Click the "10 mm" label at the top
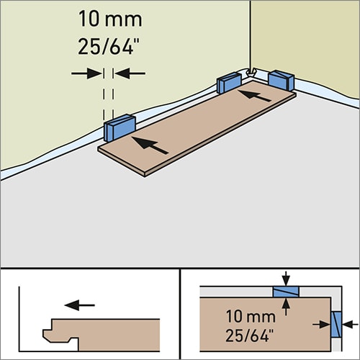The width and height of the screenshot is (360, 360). pos(110,19)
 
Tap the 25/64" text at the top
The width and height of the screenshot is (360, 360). pos(109,46)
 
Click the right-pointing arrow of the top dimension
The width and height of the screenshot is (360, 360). pos(86,73)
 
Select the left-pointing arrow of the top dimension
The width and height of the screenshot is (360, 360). pos(130,73)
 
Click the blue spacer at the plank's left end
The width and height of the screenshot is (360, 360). pos(120,128)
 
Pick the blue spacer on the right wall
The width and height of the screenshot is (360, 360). pos(282,80)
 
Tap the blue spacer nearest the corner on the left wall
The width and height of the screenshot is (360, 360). pos(229,83)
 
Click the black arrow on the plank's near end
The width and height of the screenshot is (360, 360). pos(150,145)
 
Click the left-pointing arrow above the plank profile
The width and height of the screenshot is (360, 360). pos(80,305)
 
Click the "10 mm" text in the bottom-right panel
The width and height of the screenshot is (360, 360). pos(251,316)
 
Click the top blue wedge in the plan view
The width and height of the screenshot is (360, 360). pos(286,292)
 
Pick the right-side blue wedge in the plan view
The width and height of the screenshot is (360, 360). pos(336,325)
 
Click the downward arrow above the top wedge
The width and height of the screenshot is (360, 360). pos(286,279)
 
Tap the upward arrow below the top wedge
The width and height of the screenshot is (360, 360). pos(286,307)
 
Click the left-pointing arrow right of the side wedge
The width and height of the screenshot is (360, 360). pos(350,325)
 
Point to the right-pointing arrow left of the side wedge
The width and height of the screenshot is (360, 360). pos(322,325)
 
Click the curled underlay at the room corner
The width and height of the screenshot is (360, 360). pos(251,72)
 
